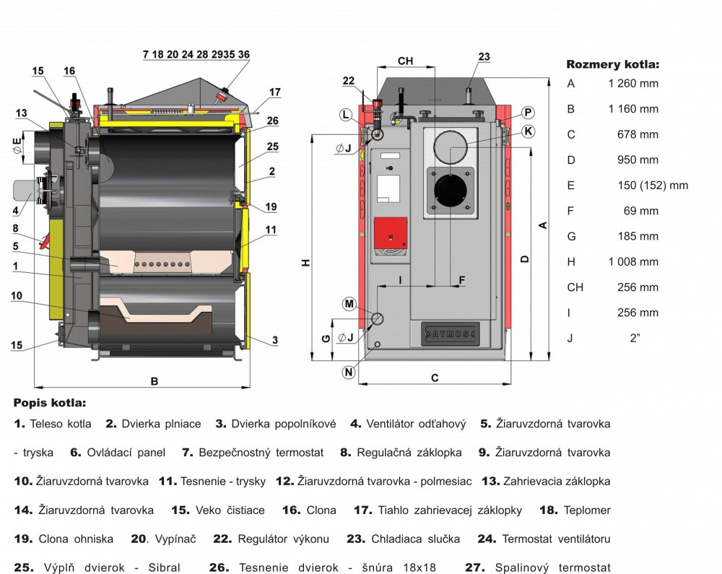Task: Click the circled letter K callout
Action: (529, 131)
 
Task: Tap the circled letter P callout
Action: (528, 112)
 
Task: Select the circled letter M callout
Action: (349, 304)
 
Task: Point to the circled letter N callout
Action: (349, 373)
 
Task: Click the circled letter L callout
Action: (347, 115)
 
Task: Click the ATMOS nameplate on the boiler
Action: (450, 334)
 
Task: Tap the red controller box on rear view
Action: (391, 232)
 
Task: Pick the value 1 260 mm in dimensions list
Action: (633, 83)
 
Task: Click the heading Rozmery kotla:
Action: (612, 64)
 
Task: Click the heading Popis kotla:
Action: (49, 402)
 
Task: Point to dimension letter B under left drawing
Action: (155, 382)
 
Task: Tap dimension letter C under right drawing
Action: (435, 378)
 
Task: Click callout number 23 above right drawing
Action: (484, 56)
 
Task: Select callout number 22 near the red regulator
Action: (349, 81)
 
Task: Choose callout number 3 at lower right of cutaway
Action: (275, 339)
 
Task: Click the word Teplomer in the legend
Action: (586, 510)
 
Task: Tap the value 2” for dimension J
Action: (635, 338)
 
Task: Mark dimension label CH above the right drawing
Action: (405, 61)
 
